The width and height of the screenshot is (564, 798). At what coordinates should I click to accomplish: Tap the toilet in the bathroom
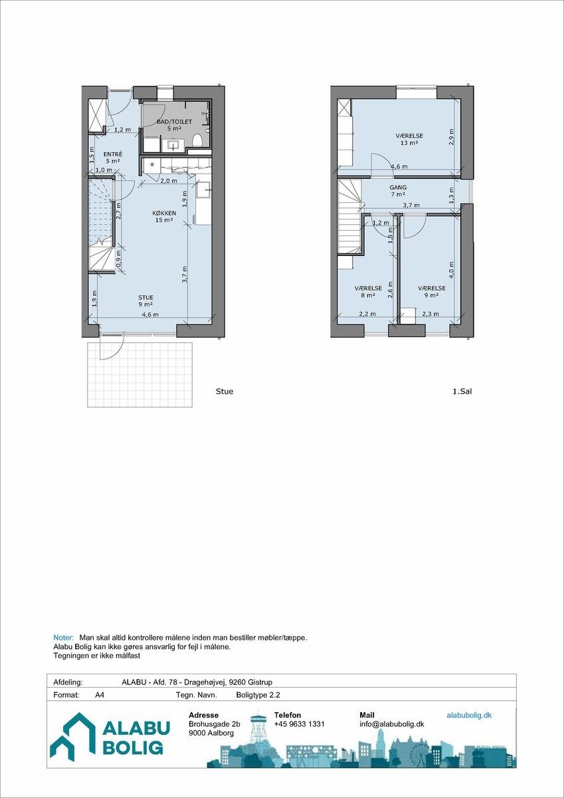pyautogui.click(x=197, y=140)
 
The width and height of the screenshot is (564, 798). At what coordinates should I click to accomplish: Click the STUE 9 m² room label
pyautogui.click(x=146, y=301)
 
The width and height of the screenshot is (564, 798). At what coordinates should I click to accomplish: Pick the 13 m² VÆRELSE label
pyautogui.click(x=409, y=139)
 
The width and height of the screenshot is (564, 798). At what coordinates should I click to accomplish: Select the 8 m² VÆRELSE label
pyautogui.click(x=368, y=291)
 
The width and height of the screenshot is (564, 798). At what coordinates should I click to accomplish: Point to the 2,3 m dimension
pyautogui.click(x=430, y=314)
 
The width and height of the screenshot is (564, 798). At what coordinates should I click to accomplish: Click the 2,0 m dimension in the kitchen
pyautogui.click(x=168, y=181)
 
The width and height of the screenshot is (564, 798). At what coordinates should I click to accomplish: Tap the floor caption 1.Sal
pyautogui.click(x=462, y=392)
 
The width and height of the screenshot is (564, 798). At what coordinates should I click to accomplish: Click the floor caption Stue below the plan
pyautogui.click(x=225, y=392)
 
